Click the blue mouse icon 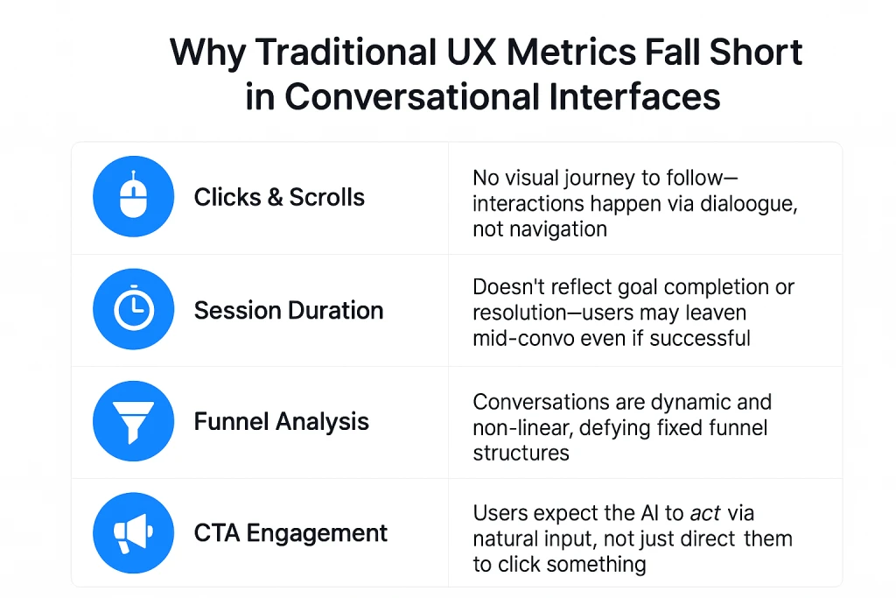click(x=133, y=196)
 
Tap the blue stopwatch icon click(x=133, y=309)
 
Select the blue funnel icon click(x=133, y=421)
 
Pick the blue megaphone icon click(x=133, y=533)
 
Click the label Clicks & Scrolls click(x=279, y=197)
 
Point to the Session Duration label click(x=289, y=311)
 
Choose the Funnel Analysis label click(x=281, y=422)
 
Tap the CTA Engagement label click(x=290, y=533)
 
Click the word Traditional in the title click(x=346, y=52)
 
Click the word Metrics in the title click(x=570, y=52)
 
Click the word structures click(x=521, y=453)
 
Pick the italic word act click(x=705, y=513)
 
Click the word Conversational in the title click(x=411, y=96)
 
